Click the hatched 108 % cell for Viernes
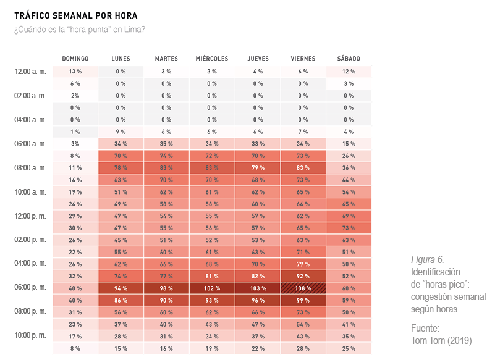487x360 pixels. pos(303,288)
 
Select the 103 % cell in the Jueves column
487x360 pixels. pos(258,288)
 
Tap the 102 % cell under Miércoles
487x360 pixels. pos(212,288)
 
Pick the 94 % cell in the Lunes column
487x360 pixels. pos(121,288)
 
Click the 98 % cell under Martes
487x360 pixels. pos(166,288)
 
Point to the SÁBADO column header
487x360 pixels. pos(349,59)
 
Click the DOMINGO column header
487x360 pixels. pos(75,59)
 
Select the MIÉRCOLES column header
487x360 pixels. pos(212,59)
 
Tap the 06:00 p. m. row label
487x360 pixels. pos(30,288)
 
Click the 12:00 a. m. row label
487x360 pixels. pos(30,72)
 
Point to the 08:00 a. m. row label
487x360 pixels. pos(30,167)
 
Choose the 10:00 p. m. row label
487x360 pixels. pos(30,335)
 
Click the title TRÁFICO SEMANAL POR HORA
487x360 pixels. pos(76,15)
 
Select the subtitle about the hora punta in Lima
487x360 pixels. pos(80,30)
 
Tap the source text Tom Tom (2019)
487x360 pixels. pos(441,340)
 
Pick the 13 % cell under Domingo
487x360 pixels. pos(75,72)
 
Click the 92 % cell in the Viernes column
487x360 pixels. pos(303,276)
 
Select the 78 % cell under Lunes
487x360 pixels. pos(121,168)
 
